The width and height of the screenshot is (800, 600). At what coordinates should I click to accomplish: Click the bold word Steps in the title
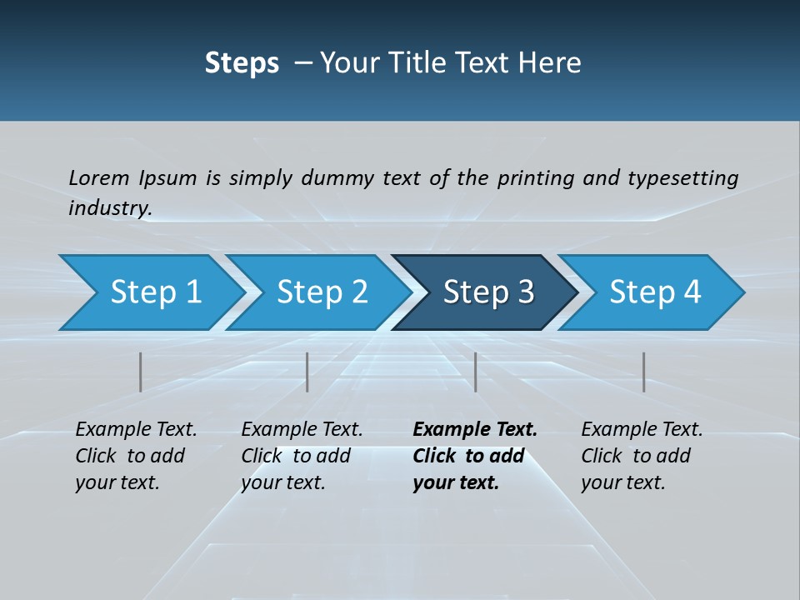[x=242, y=62]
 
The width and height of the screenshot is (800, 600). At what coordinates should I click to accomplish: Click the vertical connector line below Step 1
[x=141, y=372]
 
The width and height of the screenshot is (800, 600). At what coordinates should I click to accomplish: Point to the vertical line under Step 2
[x=307, y=372]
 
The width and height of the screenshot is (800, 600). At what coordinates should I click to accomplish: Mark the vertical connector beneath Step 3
[x=476, y=372]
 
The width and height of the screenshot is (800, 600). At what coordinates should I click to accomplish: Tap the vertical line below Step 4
[x=643, y=372]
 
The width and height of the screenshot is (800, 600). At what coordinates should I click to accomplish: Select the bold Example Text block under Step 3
[x=475, y=456]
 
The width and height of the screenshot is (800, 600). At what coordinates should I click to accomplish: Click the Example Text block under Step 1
[x=136, y=456]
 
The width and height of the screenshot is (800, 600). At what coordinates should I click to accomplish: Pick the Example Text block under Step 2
[x=302, y=456]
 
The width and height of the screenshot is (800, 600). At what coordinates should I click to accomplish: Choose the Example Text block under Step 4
[x=642, y=456]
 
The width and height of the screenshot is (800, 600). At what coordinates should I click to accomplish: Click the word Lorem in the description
[x=99, y=177]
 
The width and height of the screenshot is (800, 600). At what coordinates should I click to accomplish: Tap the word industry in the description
[x=110, y=207]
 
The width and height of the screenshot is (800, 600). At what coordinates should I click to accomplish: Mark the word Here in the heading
[x=551, y=62]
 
